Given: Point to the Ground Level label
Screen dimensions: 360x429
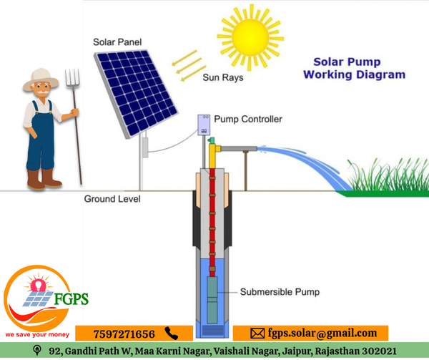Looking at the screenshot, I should (112, 198).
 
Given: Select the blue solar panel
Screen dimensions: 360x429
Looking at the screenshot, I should (137, 89).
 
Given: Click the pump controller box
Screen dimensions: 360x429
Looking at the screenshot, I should (204, 125).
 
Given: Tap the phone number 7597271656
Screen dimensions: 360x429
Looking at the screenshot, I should (124, 334).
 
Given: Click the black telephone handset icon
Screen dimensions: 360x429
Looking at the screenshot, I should (171, 334).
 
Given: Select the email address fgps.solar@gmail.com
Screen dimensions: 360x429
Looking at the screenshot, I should (322, 334).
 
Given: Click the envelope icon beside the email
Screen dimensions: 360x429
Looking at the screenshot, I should (257, 334).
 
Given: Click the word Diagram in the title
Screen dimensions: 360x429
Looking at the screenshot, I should (381, 74).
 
